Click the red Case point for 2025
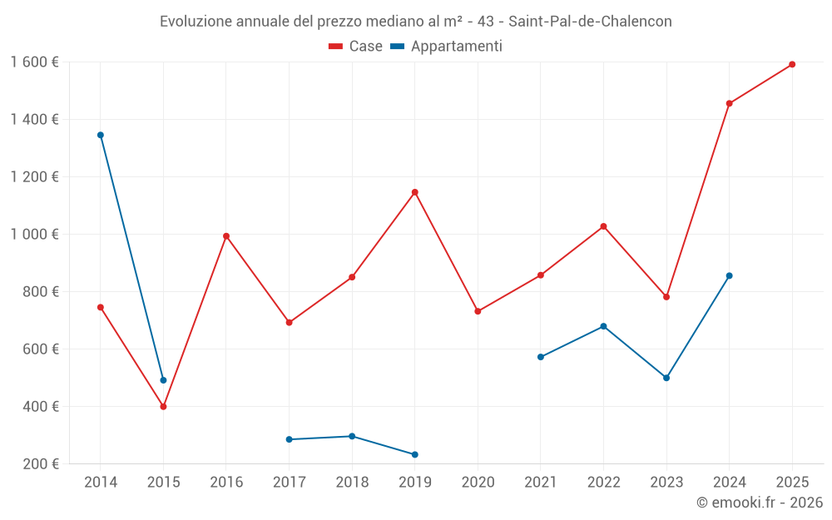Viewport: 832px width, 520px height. click(792, 64)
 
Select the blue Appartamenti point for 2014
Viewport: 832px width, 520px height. click(101, 135)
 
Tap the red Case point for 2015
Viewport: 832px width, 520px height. click(163, 407)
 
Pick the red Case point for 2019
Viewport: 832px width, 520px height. click(415, 192)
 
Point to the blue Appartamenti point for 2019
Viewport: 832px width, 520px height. click(415, 454)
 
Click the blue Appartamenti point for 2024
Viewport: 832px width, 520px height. click(730, 275)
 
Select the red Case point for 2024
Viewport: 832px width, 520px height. click(730, 104)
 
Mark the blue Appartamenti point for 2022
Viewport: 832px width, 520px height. click(603, 326)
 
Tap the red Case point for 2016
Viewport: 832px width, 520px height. click(226, 236)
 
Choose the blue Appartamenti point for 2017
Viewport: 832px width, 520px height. click(289, 439)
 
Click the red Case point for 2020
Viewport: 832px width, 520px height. click(478, 311)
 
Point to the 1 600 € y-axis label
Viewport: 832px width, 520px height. click(35, 62)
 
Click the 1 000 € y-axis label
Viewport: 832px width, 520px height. click(35, 235)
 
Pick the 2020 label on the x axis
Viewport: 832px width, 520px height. click(478, 483)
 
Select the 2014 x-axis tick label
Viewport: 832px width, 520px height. click(101, 483)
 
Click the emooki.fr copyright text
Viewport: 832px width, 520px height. click(760, 503)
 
